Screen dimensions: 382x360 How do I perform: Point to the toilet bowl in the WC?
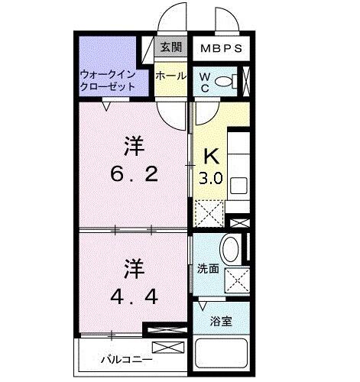click(x=224, y=80)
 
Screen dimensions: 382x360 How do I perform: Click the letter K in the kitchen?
click(x=211, y=157)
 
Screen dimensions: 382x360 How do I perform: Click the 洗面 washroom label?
click(x=209, y=269)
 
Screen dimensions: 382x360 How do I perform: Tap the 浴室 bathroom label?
click(x=222, y=322)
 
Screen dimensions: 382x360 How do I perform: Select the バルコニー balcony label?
click(x=126, y=359)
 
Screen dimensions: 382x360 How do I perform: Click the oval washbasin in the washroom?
click(x=229, y=249)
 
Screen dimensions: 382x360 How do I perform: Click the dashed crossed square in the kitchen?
click(x=208, y=210)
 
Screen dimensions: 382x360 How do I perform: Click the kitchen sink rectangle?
click(x=238, y=186)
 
